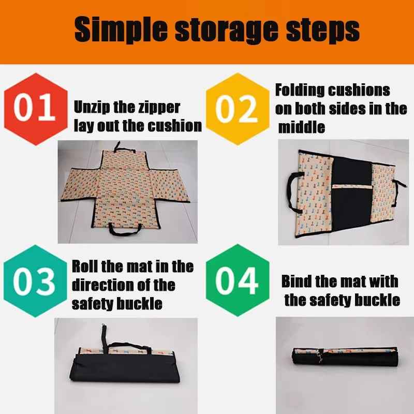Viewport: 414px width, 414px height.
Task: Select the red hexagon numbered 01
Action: click(x=35, y=109)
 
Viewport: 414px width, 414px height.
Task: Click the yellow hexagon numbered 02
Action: click(x=237, y=109)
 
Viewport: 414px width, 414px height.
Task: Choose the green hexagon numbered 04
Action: click(x=237, y=281)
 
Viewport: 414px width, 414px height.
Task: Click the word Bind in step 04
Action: click(x=297, y=282)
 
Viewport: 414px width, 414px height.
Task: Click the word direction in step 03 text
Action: click(x=105, y=285)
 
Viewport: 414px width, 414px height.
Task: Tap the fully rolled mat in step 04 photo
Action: click(x=344, y=356)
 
